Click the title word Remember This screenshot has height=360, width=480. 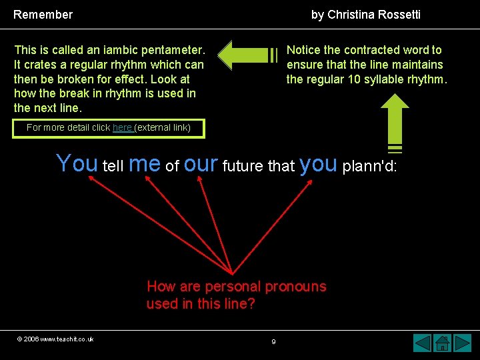click(43, 15)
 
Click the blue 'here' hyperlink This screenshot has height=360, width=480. click(122, 127)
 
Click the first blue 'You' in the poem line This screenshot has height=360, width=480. click(77, 163)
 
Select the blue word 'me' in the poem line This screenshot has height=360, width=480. click(145, 163)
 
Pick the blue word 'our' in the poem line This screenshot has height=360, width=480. click(201, 163)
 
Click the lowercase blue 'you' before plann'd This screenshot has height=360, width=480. click(319, 163)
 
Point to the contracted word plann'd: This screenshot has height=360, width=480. click(369, 166)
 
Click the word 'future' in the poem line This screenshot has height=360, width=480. click(243, 166)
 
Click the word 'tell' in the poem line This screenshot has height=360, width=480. click(113, 166)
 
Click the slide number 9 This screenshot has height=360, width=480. click(273, 342)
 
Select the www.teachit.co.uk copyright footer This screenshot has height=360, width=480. click(55, 339)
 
